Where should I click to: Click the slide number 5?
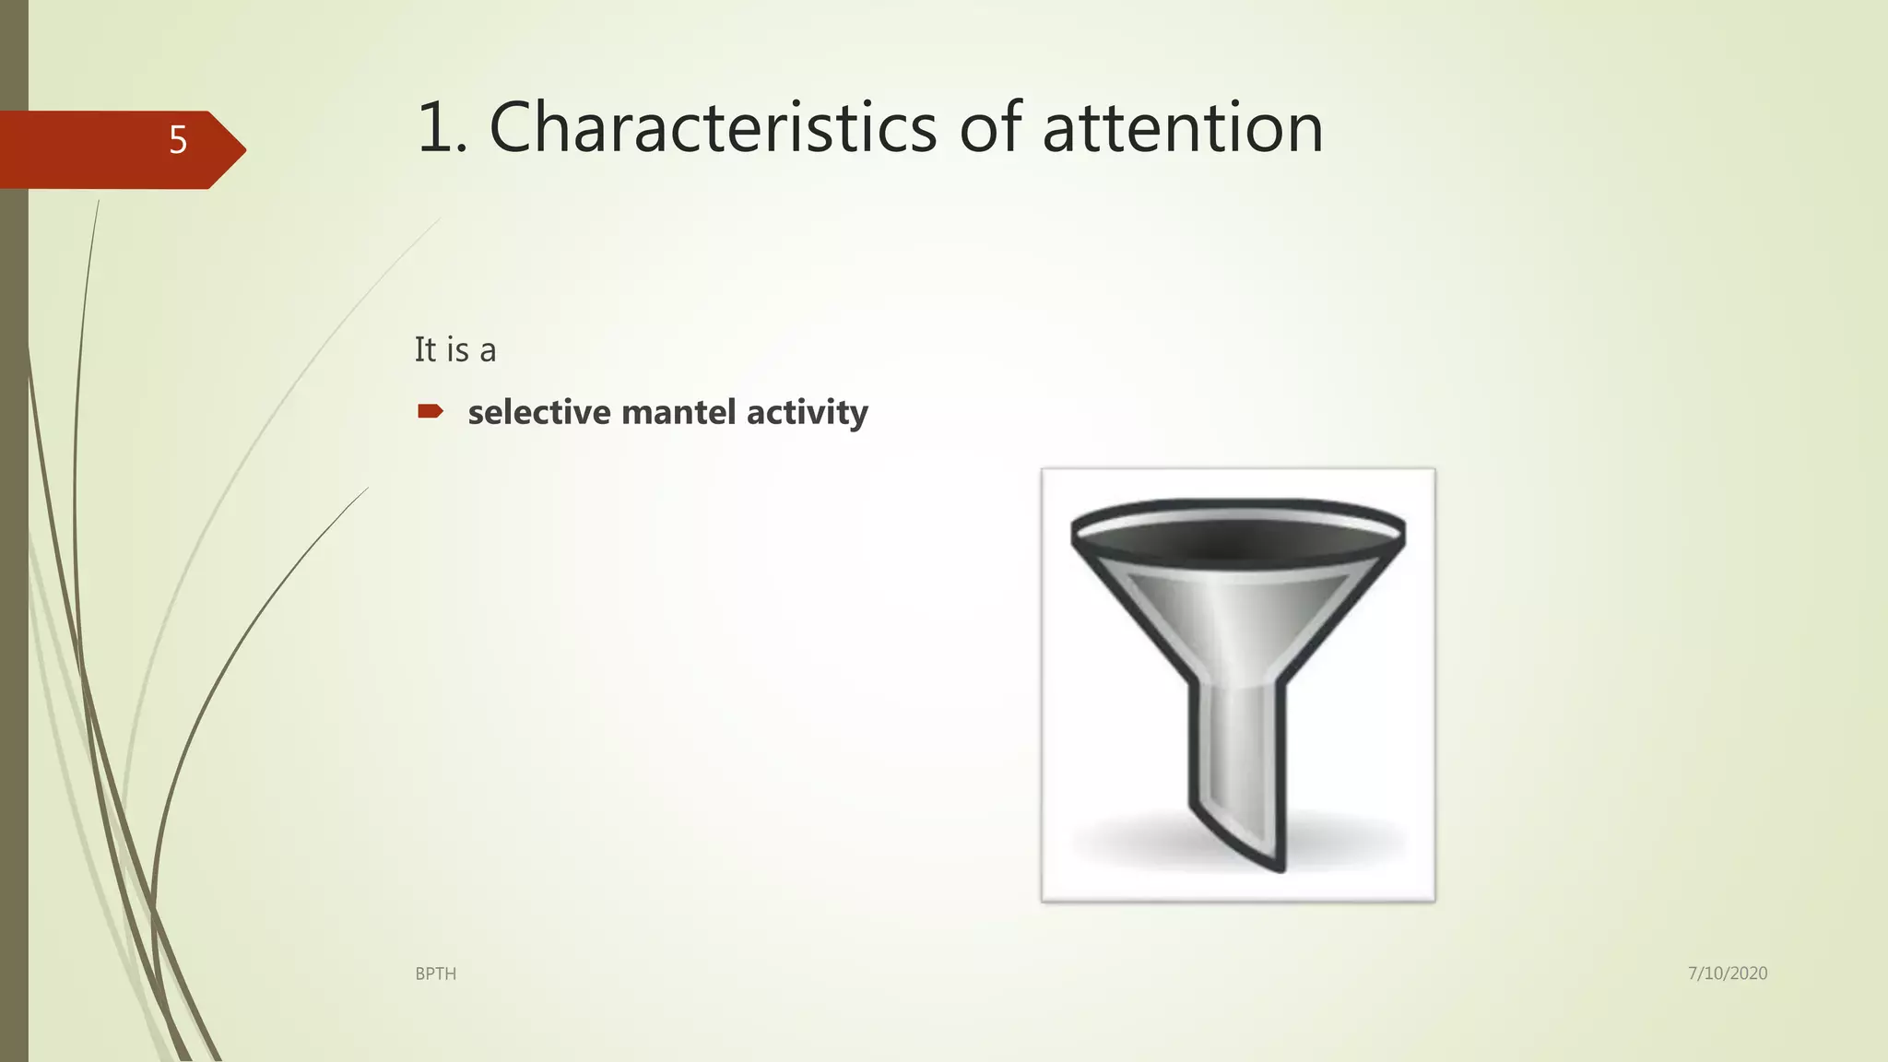pos(178,140)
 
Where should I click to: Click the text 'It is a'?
pos(454,350)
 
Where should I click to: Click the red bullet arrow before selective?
pos(430,411)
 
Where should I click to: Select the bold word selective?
pos(538,412)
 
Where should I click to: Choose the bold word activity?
pos(807,412)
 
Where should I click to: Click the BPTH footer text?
pos(435,973)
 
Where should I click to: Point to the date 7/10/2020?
pos(1727,973)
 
